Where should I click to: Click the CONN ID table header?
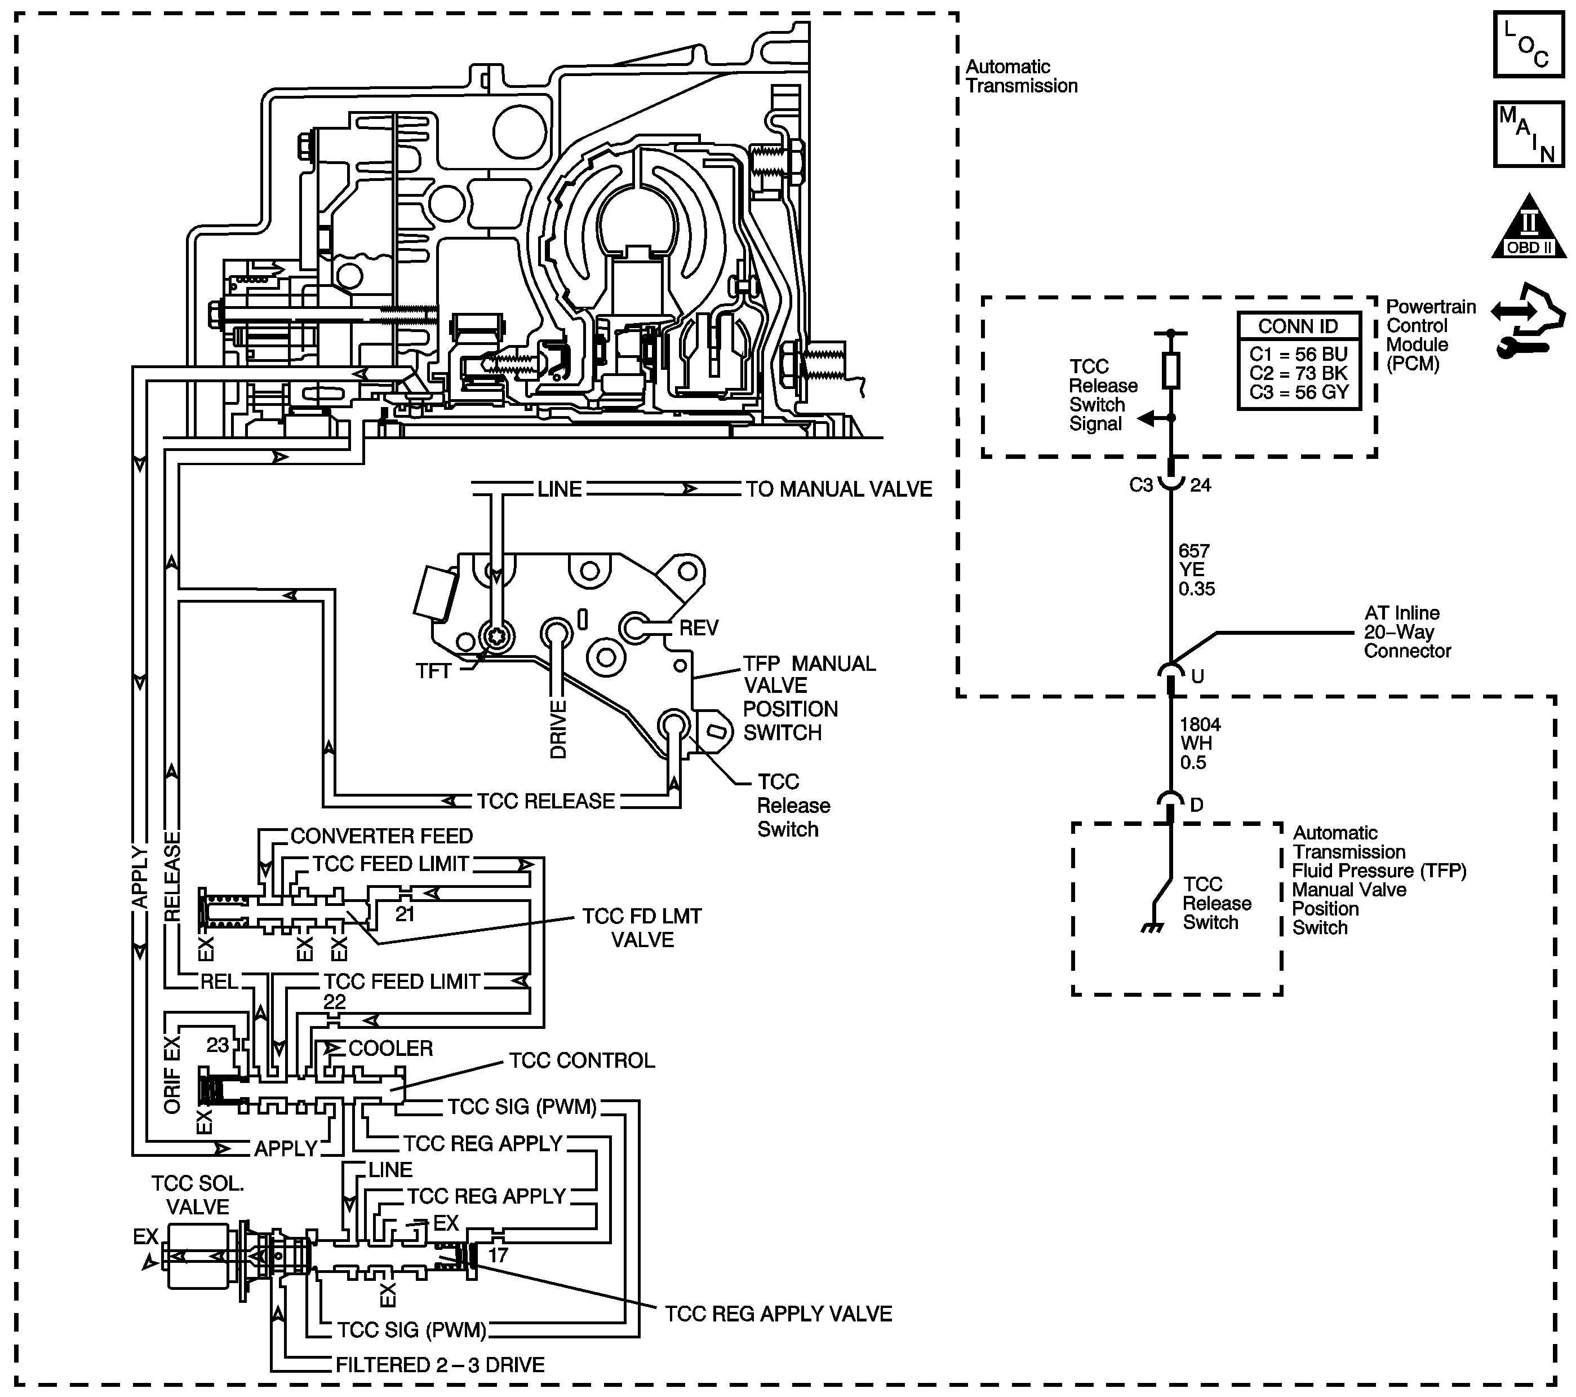coord(1298,326)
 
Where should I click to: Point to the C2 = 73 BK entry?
coord(1298,373)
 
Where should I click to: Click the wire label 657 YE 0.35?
coord(1197,570)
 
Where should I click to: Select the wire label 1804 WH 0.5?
coord(1200,744)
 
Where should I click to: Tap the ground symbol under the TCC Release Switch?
coord(1152,928)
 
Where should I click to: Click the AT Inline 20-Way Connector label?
coord(1407,632)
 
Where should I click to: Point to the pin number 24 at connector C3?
coord(1201,485)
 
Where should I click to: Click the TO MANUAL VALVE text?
coord(839,489)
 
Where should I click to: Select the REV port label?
coord(699,628)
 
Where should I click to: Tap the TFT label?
coord(433,671)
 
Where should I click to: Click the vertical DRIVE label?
coord(558,730)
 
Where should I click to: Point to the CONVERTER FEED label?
coord(381,836)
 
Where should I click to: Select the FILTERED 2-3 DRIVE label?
coord(440,1365)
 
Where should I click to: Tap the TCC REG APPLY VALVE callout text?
coord(779,1314)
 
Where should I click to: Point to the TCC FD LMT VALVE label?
coord(642,928)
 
